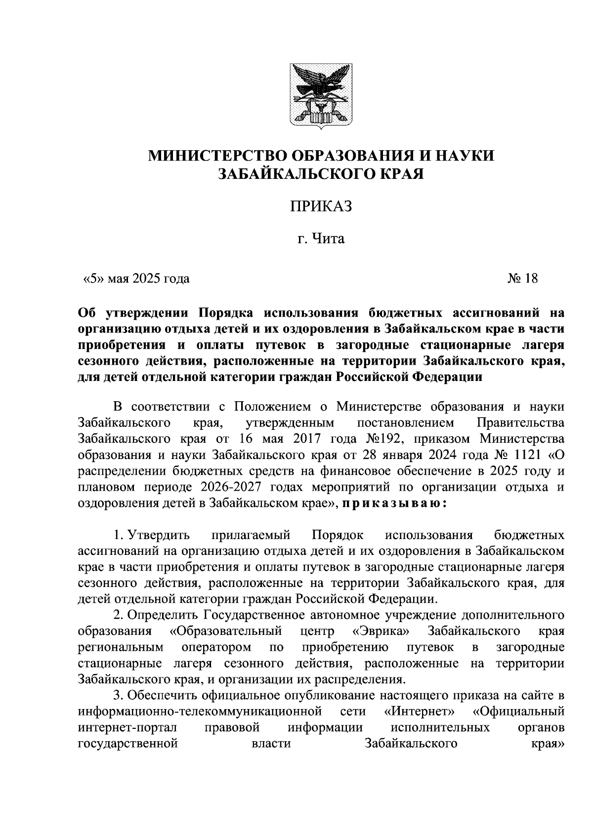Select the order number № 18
pyautogui.click(x=522, y=279)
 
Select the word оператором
pyautogui.click(x=216, y=647)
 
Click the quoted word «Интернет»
pyautogui.click(x=419, y=711)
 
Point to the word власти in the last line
pyautogui.click(x=271, y=743)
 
